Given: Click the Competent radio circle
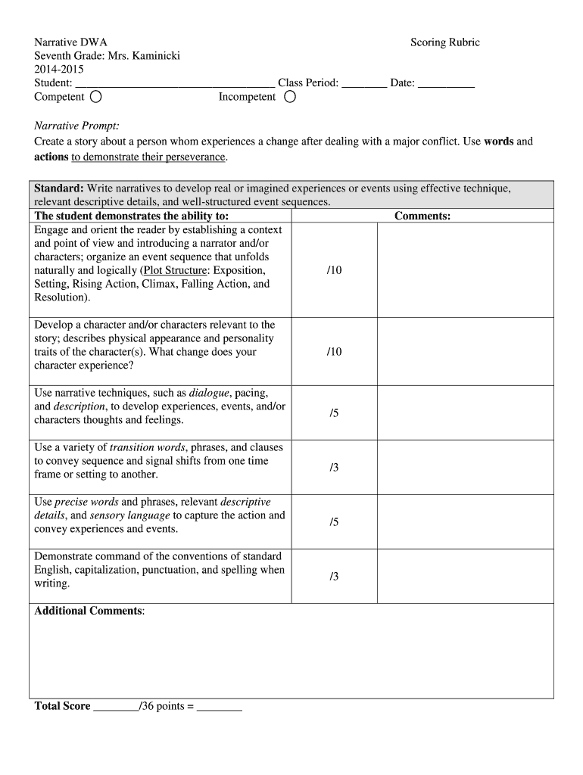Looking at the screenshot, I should click(96, 97).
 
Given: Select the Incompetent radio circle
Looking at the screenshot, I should click(290, 97).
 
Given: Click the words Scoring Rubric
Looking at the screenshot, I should click(444, 42).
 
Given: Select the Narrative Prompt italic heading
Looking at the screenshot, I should click(77, 125).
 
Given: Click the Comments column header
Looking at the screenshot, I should click(422, 216).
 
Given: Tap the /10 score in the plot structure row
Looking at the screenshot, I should click(334, 270).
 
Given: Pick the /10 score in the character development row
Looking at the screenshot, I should click(334, 352).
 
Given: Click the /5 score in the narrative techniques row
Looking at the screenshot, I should click(334, 412).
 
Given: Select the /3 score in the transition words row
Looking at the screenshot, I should click(334, 468).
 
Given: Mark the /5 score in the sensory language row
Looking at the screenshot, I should click(334, 522).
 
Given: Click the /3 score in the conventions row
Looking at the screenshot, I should click(334, 577).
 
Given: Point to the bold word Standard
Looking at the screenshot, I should click(59, 188).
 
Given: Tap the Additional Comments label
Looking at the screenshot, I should click(89, 611).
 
